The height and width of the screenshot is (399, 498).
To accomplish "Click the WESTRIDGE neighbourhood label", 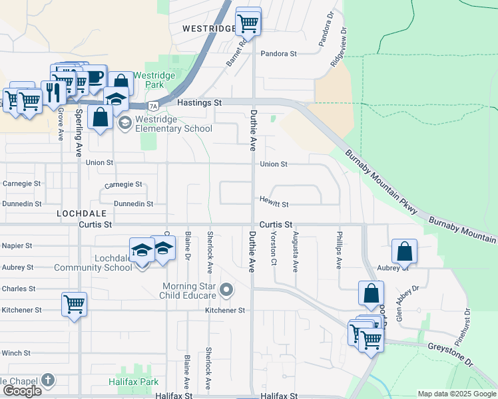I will [x=208, y=29].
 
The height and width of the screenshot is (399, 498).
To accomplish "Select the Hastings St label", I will [x=200, y=103].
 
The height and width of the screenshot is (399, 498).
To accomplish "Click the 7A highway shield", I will [x=154, y=106].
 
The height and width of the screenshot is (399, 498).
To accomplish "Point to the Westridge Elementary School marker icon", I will [x=124, y=122].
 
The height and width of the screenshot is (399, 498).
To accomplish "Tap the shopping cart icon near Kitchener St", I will [x=75, y=305].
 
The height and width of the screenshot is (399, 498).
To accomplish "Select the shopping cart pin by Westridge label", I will [x=248, y=22].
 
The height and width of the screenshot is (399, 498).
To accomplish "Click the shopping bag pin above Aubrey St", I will [x=404, y=251].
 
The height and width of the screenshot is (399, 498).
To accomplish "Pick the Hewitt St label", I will [x=274, y=204].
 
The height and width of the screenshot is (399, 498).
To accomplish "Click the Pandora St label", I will [x=278, y=53].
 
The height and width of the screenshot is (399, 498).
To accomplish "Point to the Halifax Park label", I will [x=134, y=382].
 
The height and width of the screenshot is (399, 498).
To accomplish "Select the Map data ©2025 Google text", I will [x=456, y=394].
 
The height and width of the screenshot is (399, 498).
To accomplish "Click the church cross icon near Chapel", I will [x=47, y=380].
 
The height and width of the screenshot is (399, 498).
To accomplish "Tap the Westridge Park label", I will [x=154, y=80].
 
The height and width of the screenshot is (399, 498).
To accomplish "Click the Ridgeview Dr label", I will [x=339, y=47].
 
